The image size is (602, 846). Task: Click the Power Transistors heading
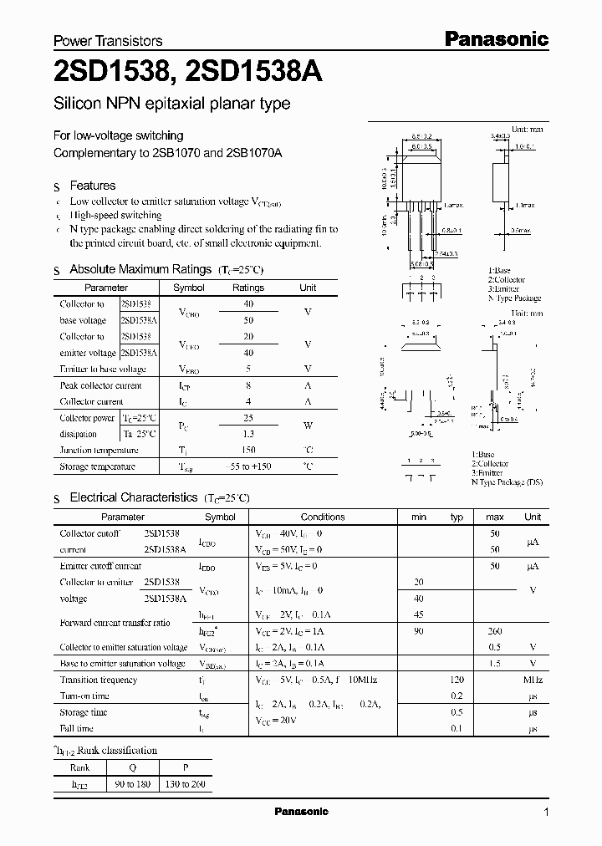click(x=108, y=40)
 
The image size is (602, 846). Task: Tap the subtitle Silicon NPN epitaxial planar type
click(x=171, y=104)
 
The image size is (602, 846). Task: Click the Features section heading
click(x=92, y=186)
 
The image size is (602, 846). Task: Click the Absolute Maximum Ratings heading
click(x=140, y=269)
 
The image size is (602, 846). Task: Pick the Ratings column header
click(x=247, y=288)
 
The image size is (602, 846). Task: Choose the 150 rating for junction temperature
click(x=247, y=450)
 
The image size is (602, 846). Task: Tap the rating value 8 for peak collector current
click(x=247, y=385)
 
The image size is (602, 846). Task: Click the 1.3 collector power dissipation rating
click(x=247, y=434)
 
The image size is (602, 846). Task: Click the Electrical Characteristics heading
click(x=133, y=497)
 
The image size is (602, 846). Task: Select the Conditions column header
click(x=323, y=517)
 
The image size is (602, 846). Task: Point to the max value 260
click(x=494, y=631)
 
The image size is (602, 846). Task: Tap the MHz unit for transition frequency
click(x=533, y=680)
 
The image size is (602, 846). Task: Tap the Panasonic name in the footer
click(x=302, y=812)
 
